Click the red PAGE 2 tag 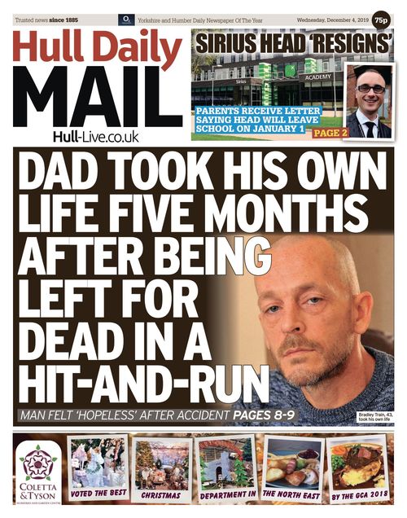tap(330, 132)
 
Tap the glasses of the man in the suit tap(370, 88)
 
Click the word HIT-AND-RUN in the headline tap(142, 380)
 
